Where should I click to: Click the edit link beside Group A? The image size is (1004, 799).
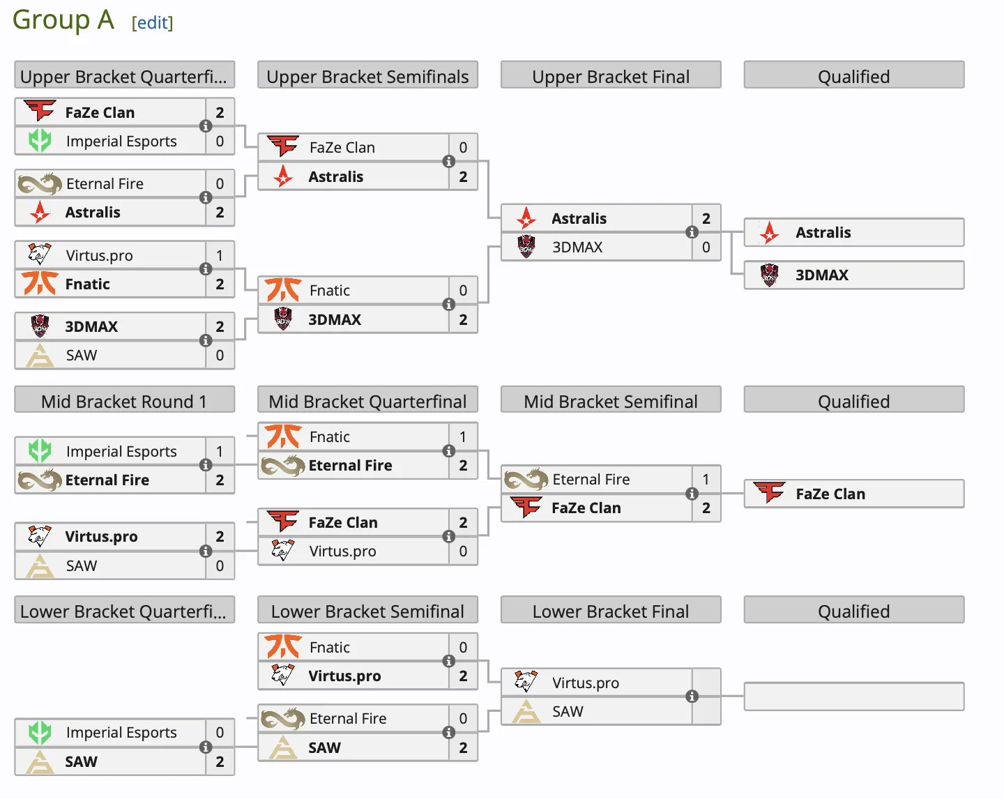click(x=152, y=23)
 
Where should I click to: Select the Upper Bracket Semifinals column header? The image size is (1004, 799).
click(x=367, y=76)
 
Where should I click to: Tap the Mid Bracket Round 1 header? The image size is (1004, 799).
click(x=124, y=401)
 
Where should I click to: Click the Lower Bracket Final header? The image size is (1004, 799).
click(x=610, y=611)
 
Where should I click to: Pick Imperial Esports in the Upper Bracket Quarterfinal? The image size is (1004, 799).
click(x=121, y=142)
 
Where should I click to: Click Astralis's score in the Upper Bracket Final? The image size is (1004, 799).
click(x=706, y=218)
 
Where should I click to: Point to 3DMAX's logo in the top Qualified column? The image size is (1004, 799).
click(x=769, y=275)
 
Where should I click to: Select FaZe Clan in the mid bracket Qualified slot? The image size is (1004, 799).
click(x=830, y=494)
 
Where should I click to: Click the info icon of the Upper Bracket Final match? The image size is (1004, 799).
click(x=692, y=232)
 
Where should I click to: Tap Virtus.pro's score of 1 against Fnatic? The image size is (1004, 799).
click(x=220, y=255)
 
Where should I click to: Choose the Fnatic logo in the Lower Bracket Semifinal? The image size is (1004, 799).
click(x=283, y=647)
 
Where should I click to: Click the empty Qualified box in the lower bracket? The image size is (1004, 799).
click(x=853, y=697)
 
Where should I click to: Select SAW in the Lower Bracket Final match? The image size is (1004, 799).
click(x=568, y=711)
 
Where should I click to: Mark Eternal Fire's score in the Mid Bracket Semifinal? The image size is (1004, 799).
click(x=706, y=479)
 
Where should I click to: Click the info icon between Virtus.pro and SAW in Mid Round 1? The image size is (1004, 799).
click(x=206, y=551)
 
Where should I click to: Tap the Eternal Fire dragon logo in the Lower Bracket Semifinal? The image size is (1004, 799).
click(x=283, y=718)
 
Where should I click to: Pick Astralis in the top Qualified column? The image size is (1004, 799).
click(x=823, y=232)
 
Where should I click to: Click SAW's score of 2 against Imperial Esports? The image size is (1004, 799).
click(x=220, y=761)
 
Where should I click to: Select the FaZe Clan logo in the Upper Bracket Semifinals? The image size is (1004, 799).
click(x=283, y=147)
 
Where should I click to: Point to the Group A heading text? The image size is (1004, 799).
click(x=63, y=20)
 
